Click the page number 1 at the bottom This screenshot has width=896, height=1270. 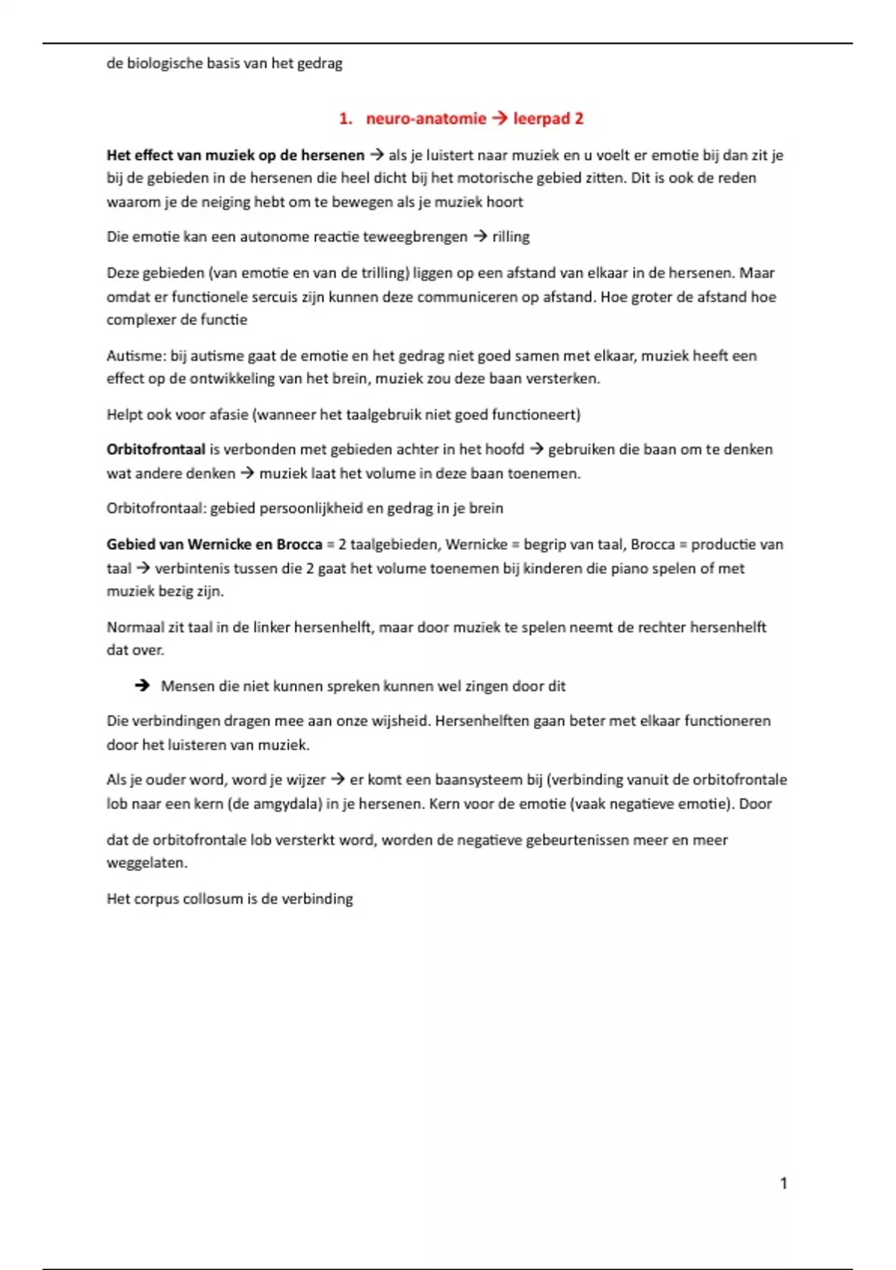tap(783, 1183)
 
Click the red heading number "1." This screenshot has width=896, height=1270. tap(345, 119)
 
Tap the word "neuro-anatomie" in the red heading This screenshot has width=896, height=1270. tap(426, 119)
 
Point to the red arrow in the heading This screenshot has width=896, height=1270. tap(500, 119)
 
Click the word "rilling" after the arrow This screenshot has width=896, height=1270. tap(511, 237)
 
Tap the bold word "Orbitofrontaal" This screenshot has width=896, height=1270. tap(155, 450)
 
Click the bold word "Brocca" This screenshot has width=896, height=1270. tap(299, 545)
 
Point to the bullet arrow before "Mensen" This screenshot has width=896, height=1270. tap(142, 686)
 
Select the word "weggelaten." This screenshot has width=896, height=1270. tap(147, 863)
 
